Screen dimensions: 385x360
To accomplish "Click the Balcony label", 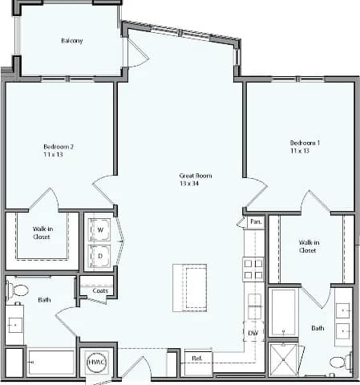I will tap(71, 41).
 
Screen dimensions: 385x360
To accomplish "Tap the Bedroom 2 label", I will tap(59, 147).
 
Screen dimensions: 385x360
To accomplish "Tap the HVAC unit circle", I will tap(96, 363).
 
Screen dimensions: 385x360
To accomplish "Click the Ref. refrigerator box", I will tap(196, 359).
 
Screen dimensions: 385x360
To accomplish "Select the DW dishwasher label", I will tap(252, 333).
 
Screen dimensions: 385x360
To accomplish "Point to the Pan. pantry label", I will tap(256, 221).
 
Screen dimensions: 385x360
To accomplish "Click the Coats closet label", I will tap(100, 290).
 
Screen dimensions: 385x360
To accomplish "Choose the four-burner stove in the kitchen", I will tap(253, 268).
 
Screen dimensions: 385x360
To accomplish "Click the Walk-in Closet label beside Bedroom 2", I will tap(42, 233).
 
